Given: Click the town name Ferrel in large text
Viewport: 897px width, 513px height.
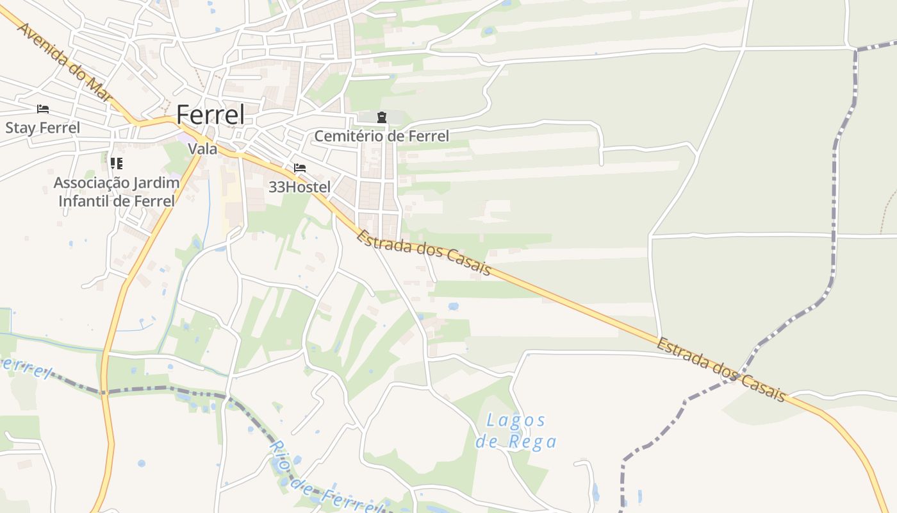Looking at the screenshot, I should (210, 115).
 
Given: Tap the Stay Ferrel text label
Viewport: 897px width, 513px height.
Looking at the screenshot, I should (43, 128).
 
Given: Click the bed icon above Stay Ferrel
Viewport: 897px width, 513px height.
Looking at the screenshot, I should (43, 109).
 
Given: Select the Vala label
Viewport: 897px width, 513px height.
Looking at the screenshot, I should (202, 149).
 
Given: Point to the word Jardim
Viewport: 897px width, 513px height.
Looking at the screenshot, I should (154, 183).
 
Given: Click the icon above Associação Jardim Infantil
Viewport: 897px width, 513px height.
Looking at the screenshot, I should (116, 164).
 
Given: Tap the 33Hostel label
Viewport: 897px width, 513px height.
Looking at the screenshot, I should (300, 187).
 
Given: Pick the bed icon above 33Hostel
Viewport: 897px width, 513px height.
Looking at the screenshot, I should (300, 168).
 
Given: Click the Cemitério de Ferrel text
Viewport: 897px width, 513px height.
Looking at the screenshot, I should (381, 136).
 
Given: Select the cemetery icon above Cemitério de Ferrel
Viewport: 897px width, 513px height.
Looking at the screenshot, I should (382, 117).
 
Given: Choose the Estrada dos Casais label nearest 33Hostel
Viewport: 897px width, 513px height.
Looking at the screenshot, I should (424, 253).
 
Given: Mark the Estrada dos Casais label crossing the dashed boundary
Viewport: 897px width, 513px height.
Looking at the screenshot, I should (721, 370).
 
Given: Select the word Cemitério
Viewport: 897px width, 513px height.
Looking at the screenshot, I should (347, 136).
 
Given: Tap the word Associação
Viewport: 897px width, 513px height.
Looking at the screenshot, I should (90, 183).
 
